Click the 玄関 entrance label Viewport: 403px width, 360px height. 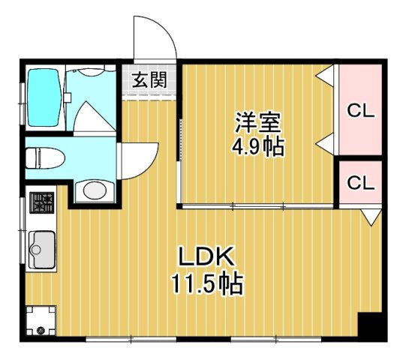149,79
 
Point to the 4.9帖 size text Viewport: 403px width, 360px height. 258,147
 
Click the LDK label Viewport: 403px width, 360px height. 206,256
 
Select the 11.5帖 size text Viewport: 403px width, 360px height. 207,283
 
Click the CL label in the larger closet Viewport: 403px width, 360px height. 360,111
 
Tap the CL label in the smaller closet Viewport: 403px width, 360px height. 360,182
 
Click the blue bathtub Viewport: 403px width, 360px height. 44,97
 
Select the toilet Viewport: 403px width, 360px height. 45,158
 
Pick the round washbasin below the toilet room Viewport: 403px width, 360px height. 95,191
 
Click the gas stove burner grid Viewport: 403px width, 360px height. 41,202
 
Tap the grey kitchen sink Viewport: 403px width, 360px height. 41,250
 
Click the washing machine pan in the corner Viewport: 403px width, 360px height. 41,320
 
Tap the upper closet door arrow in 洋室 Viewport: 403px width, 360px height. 325,75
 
